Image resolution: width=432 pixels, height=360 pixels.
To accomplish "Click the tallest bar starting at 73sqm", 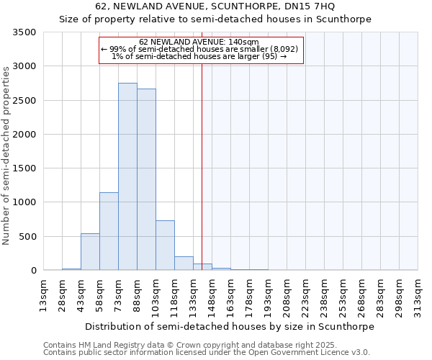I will [127, 176].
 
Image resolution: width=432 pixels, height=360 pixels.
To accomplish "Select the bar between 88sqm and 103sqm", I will [146, 179].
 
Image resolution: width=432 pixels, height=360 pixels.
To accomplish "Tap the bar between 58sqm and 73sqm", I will [109, 231].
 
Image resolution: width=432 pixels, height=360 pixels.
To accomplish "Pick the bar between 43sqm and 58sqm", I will [90, 252].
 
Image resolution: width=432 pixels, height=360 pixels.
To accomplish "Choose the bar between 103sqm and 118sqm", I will [165, 246].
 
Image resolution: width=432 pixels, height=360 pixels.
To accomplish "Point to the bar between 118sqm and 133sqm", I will [184, 264].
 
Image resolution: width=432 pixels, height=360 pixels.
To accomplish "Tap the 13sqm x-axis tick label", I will [43, 294].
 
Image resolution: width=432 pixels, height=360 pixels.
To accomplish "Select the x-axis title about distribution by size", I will [230, 326].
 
